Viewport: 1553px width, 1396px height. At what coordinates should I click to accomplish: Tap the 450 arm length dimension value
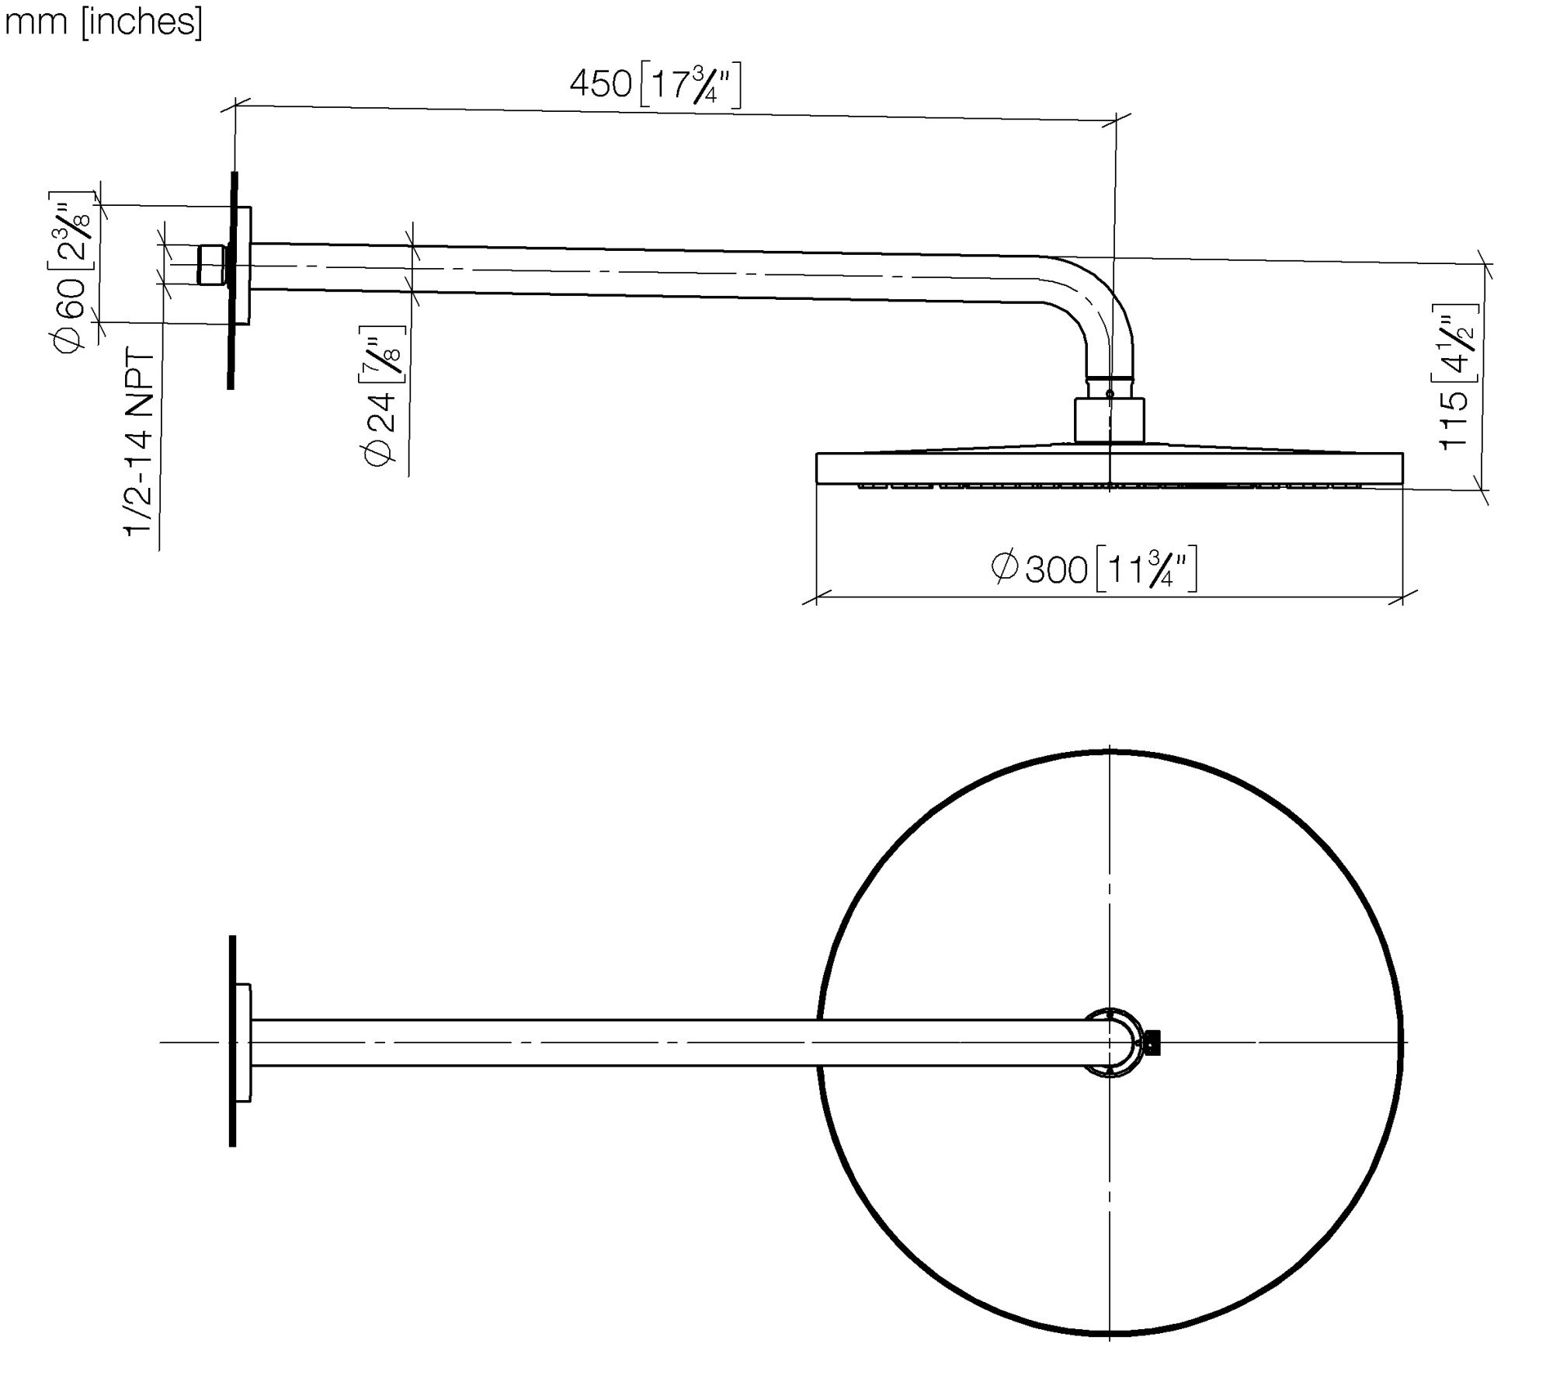click(x=600, y=84)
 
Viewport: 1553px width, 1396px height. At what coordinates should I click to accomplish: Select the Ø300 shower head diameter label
click(x=1038, y=569)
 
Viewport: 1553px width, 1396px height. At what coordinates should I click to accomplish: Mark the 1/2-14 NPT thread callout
click(x=140, y=444)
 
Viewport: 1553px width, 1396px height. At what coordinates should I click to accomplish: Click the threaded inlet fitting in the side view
click(x=211, y=266)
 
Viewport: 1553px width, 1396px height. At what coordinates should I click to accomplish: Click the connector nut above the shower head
click(x=1109, y=420)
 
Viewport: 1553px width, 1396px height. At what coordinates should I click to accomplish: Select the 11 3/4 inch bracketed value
click(x=1146, y=569)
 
